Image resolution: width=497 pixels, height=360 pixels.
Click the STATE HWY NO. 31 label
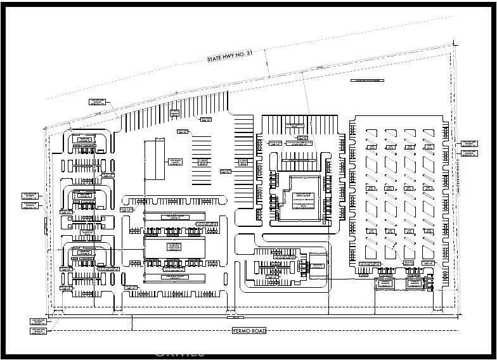pos(230,57)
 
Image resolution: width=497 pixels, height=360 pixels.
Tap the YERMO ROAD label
pos(248,331)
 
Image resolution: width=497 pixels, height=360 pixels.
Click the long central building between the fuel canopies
pos(175,248)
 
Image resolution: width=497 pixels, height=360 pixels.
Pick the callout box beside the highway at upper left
pos(98,101)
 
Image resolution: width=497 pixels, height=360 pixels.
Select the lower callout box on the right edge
pos(468,153)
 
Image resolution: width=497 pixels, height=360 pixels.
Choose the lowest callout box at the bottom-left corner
pos(39,332)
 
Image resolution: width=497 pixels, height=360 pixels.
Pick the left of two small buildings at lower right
pos(384,283)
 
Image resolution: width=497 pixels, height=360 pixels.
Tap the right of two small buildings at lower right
pos(414,283)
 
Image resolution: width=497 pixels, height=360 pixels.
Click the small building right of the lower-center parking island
pos(317,269)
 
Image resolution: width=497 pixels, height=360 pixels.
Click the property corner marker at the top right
pos(454,43)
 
